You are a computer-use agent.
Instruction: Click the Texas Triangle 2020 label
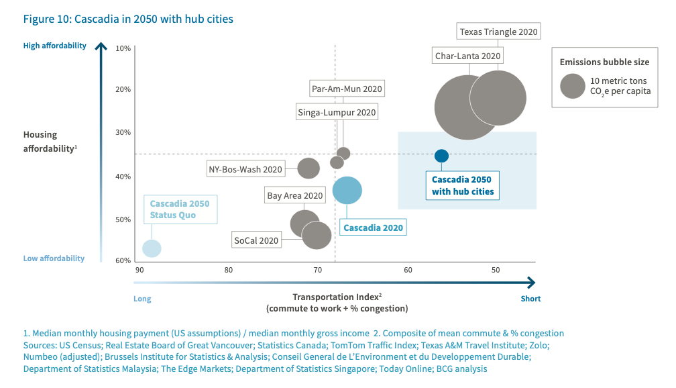point(499,32)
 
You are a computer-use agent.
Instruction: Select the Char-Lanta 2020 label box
point(467,56)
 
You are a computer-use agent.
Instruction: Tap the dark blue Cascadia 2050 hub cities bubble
point(441,156)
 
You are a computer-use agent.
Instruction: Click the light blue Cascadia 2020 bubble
point(347,190)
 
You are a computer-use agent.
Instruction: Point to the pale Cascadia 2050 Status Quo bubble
point(152,248)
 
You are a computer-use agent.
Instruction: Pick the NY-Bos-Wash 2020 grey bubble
point(308,168)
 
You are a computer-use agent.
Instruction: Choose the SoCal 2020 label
point(256,240)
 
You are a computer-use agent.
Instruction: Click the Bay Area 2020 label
point(294,196)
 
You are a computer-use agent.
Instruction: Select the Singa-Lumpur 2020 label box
point(337,112)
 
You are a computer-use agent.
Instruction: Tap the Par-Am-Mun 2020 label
point(347,89)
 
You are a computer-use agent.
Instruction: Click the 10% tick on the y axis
point(123,49)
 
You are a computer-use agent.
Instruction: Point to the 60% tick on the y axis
point(123,260)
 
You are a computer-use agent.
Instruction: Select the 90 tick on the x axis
point(139,271)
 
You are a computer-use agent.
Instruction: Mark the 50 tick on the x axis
point(496,271)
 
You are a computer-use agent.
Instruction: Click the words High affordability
point(54,46)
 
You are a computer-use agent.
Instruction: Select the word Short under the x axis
point(530,299)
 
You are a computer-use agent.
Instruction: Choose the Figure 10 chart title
point(128,19)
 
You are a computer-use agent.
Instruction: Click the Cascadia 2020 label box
point(373,228)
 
